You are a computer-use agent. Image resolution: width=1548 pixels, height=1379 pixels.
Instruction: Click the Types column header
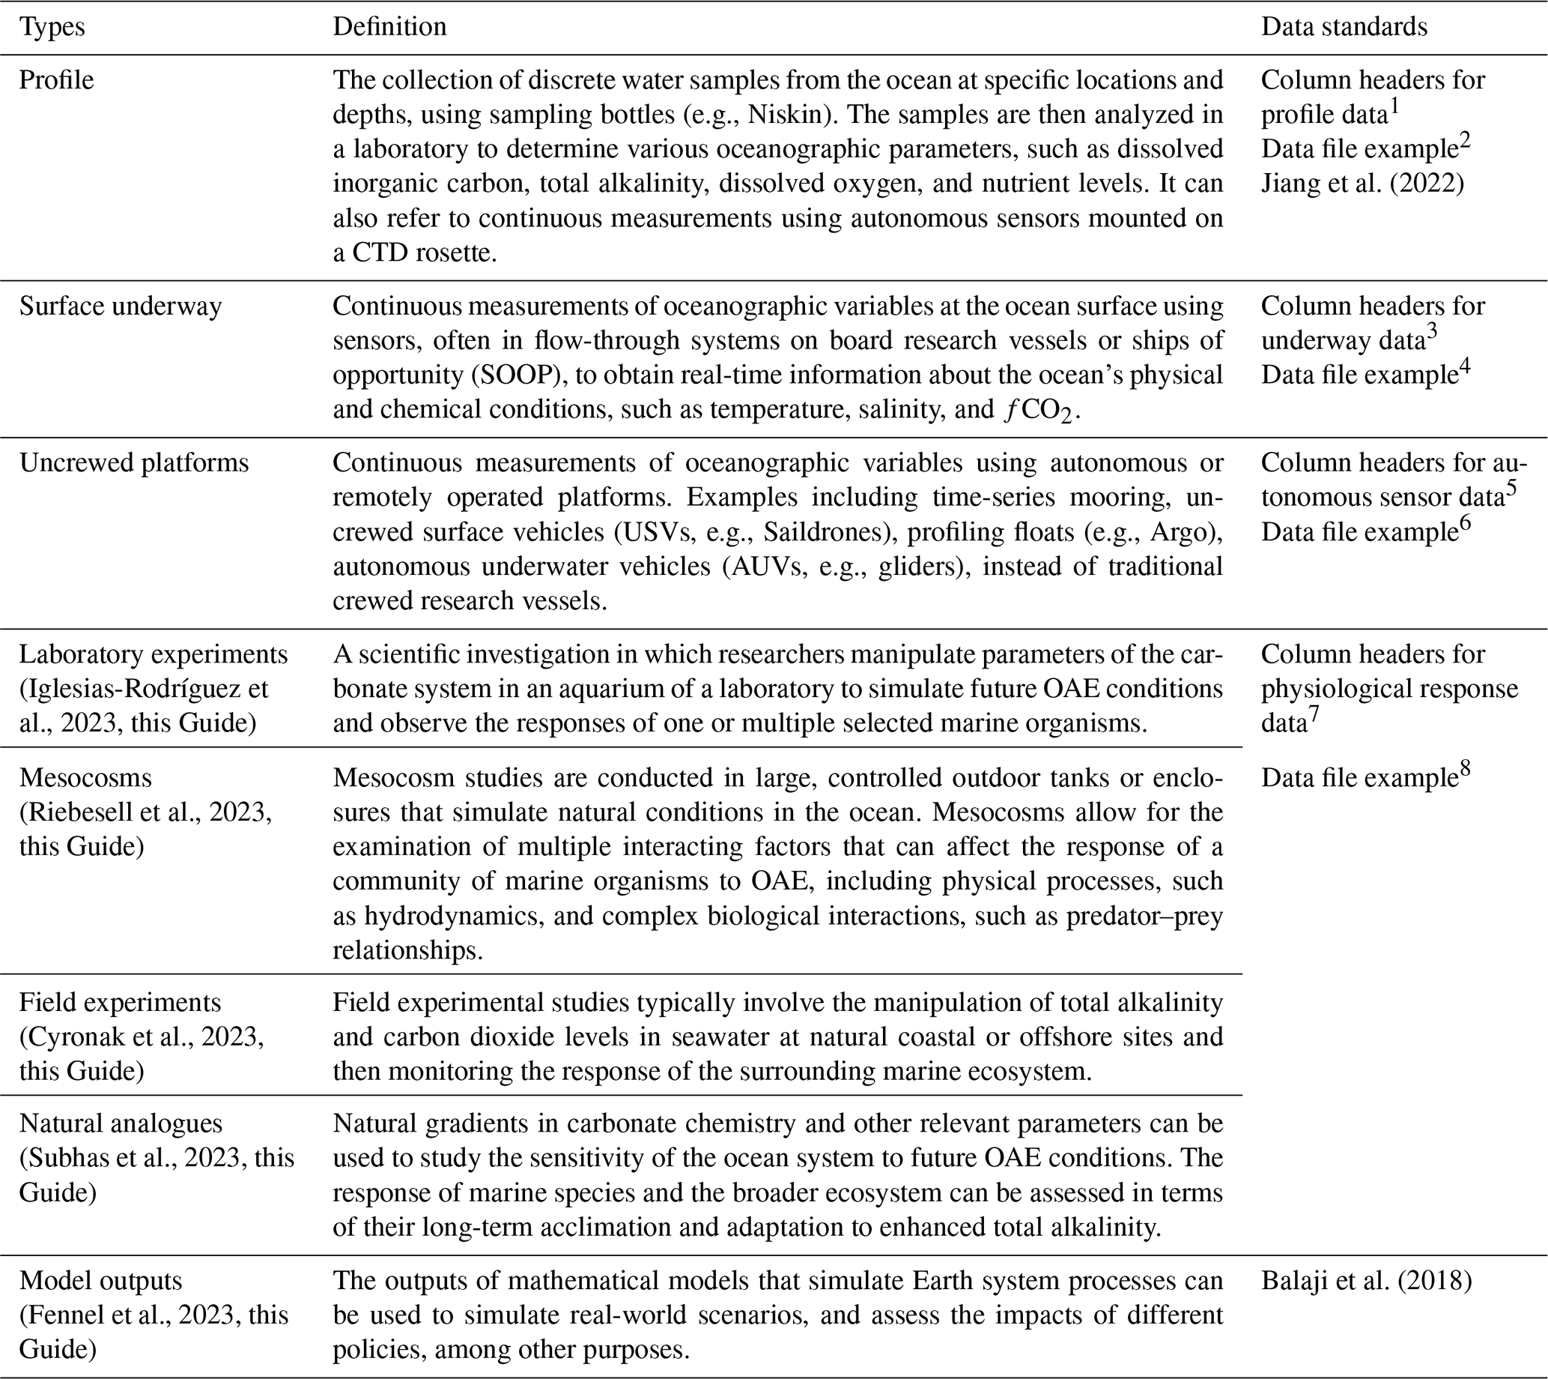click(x=52, y=27)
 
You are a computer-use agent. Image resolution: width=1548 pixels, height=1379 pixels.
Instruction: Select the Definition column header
click(x=389, y=27)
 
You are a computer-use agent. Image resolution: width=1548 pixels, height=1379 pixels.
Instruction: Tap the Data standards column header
click(x=1344, y=27)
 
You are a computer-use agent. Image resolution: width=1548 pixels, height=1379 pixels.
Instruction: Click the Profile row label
click(x=57, y=80)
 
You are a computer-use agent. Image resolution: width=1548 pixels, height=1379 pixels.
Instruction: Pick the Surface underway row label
click(x=121, y=306)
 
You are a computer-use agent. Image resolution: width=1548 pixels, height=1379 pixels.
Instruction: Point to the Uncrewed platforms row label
click(x=133, y=463)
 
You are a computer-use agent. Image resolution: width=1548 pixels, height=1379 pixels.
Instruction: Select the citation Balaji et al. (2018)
click(x=1366, y=1282)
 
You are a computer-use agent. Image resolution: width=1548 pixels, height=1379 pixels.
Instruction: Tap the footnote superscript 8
click(x=1466, y=769)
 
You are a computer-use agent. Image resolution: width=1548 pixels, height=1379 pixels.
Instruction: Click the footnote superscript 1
click(x=1394, y=106)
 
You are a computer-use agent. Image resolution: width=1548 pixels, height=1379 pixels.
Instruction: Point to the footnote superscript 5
click(x=1511, y=489)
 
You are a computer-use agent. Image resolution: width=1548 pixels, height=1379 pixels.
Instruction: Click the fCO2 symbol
click(x=1036, y=411)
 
